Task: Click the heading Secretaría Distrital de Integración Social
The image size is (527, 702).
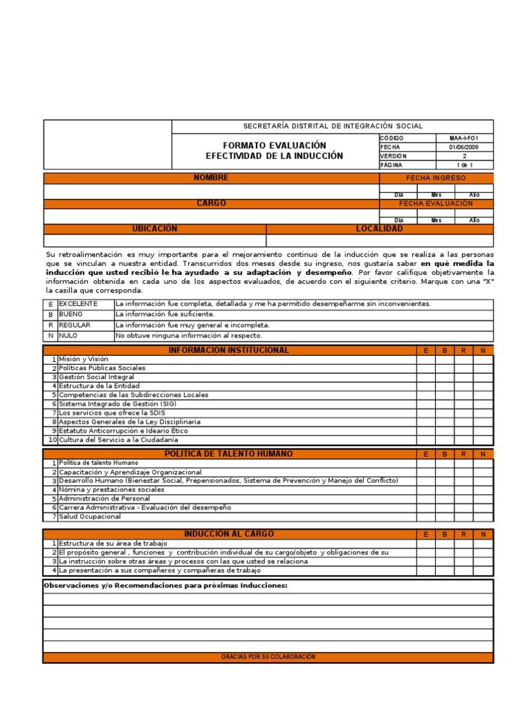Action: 333,126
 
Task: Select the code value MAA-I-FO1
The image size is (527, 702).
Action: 464,138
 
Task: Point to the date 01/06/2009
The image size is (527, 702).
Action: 464,147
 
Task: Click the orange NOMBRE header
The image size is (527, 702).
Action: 211,178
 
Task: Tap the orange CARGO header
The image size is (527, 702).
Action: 211,204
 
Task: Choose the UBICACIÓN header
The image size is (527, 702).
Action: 154,229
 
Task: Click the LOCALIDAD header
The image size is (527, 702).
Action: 379,229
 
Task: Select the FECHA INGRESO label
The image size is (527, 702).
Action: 436,178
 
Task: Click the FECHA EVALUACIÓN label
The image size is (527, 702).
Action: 436,204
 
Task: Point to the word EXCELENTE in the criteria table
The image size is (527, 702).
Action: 78,304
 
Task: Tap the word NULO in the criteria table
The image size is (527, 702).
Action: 68,336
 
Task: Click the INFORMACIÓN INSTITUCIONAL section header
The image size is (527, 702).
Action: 229,350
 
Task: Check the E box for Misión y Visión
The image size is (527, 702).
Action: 425,359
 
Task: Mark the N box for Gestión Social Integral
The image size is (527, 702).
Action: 483,377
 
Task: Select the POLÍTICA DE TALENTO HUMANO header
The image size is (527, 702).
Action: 229,454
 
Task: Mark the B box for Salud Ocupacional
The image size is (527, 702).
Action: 445,516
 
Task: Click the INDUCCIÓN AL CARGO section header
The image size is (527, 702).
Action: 229,534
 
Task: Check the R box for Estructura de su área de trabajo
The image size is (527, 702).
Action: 464,544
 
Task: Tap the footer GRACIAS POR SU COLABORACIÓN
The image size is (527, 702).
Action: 268,657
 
